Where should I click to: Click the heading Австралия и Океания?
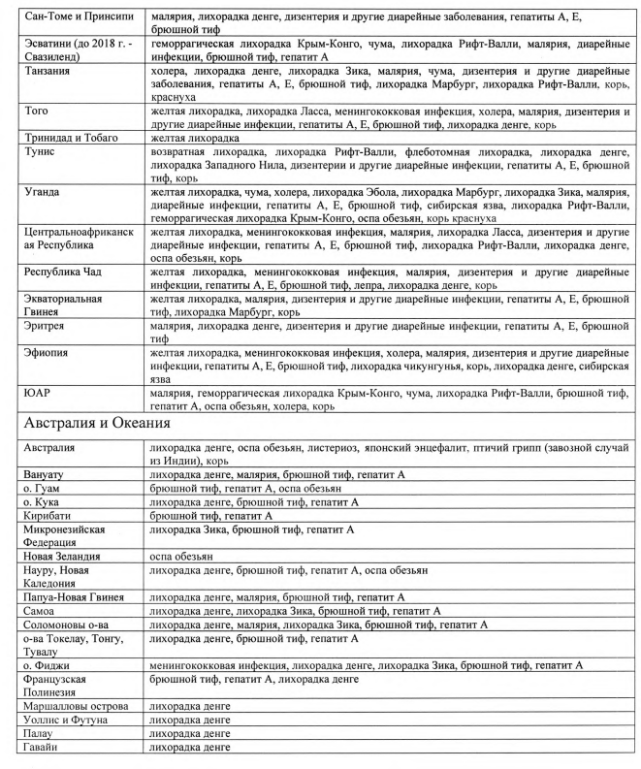pyautogui.click(x=98, y=423)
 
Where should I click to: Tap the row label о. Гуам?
pyautogui.click(x=44, y=489)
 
